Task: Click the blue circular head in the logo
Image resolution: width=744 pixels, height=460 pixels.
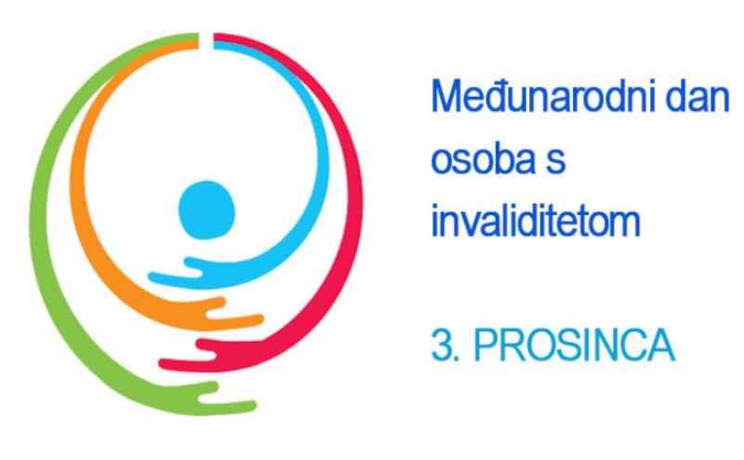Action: click(x=206, y=210)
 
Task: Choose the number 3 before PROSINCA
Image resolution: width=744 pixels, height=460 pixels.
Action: click(x=440, y=345)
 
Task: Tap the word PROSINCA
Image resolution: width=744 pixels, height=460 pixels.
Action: click(x=574, y=345)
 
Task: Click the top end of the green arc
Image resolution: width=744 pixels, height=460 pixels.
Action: click(x=198, y=36)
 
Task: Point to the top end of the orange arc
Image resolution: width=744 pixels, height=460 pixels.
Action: click(x=198, y=45)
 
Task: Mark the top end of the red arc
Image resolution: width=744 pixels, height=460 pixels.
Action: click(x=214, y=36)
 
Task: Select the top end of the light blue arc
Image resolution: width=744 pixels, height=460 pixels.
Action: click(x=214, y=45)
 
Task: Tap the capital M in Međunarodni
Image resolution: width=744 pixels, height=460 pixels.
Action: click(x=446, y=97)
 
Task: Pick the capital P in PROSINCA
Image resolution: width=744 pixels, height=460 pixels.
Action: click(x=485, y=345)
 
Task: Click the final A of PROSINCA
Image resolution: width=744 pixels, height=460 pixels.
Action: click(x=660, y=345)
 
